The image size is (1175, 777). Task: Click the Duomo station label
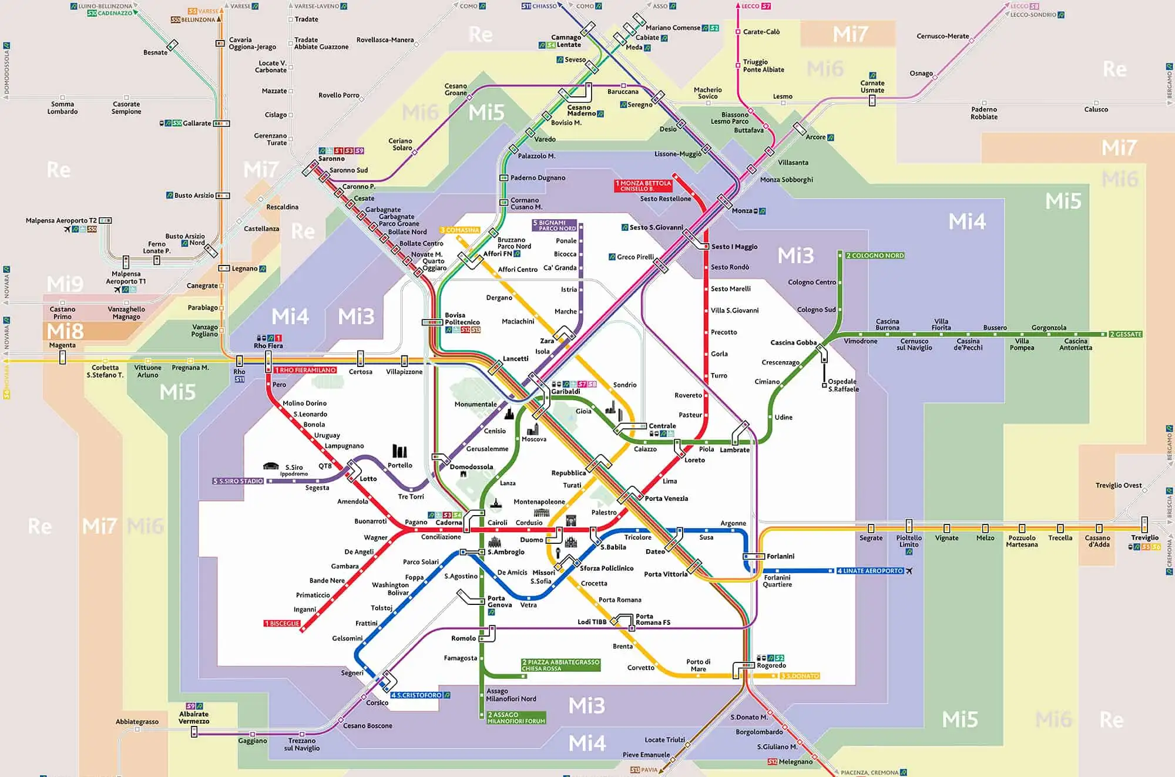(x=531, y=540)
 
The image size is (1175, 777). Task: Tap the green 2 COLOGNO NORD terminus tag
(x=874, y=255)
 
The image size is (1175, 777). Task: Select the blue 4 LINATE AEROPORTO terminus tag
(x=869, y=571)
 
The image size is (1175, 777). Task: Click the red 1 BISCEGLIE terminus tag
(x=282, y=623)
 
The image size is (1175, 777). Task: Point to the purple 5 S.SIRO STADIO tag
(x=238, y=481)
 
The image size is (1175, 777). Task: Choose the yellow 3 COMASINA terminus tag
(x=459, y=230)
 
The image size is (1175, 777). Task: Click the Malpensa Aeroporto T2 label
(x=61, y=221)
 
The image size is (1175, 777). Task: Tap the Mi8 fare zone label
(x=65, y=331)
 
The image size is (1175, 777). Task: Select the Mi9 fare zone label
(x=65, y=284)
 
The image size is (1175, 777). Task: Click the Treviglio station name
(x=1144, y=537)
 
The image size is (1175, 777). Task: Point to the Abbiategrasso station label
(x=137, y=721)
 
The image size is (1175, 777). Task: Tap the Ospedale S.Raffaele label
(x=843, y=385)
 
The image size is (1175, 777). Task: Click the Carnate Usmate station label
(x=872, y=86)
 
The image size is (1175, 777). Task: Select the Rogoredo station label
(x=771, y=665)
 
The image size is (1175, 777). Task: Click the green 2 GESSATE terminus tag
(x=1125, y=334)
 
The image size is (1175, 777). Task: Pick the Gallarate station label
(x=196, y=123)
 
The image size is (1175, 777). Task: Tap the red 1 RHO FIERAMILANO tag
(x=305, y=370)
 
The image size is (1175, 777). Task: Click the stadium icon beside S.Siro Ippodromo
(x=271, y=466)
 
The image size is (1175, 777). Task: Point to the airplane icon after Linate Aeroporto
(x=909, y=571)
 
